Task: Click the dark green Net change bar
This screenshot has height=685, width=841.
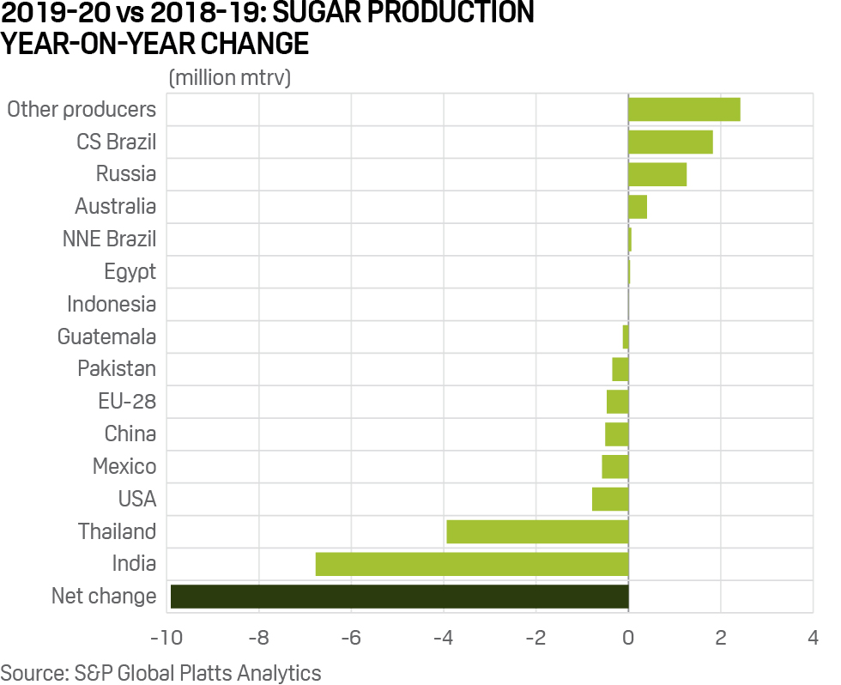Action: [x=399, y=596]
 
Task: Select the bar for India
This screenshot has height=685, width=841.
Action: [x=472, y=564]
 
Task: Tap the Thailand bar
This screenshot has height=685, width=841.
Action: [x=537, y=531]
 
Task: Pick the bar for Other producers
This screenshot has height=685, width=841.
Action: [x=684, y=110]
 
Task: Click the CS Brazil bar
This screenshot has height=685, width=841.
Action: [x=670, y=142]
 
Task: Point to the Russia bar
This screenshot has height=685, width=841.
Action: [x=657, y=174]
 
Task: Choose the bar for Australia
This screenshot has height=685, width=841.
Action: [x=638, y=207]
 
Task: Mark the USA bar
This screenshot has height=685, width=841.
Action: [x=610, y=499]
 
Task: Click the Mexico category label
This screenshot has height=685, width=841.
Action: [x=124, y=466]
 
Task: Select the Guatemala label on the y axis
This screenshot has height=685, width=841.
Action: [x=106, y=336]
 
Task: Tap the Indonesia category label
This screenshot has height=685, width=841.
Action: [x=112, y=304]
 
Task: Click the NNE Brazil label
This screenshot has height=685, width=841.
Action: [x=109, y=239]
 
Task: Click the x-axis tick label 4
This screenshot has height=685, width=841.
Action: [x=812, y=639]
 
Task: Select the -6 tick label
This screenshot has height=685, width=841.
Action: [x=350, y=639]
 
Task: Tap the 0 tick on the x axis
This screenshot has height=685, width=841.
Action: [x=628, y=639]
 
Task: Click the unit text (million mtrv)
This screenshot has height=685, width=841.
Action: [x=230, y=77]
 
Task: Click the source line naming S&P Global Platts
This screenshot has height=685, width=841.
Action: [x=160, y=672]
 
